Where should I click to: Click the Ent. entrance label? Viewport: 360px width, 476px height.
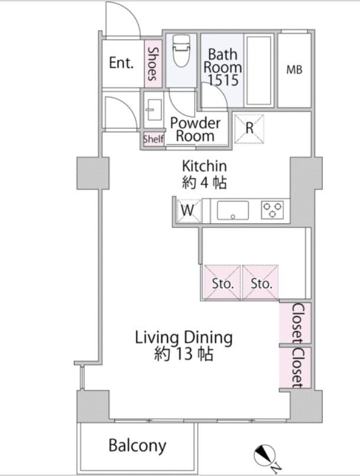121,63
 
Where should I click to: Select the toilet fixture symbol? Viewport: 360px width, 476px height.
182,51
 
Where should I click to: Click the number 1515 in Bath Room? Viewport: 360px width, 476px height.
222,80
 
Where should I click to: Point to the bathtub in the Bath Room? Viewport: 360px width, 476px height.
258,70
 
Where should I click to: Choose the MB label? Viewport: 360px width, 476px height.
294,70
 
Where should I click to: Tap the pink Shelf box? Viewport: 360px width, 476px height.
153,139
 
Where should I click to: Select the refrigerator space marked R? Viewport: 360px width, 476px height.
249,128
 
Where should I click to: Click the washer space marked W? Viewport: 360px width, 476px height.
188,211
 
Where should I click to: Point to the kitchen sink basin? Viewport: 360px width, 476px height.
233,210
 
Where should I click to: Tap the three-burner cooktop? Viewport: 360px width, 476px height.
272,210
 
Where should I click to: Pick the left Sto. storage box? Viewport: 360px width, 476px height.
222,282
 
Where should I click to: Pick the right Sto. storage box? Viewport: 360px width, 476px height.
260,282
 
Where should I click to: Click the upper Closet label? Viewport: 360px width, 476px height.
297,324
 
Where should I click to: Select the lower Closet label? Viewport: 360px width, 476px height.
297,368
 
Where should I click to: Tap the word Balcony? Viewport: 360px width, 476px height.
138,446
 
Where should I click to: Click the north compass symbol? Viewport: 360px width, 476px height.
264,455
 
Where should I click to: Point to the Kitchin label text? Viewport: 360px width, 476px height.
204,166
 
